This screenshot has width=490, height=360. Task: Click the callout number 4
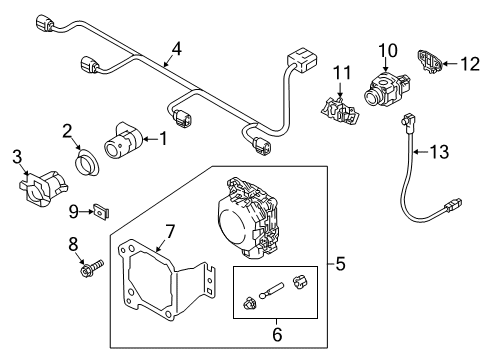pyautogui.click(x=177, y=49)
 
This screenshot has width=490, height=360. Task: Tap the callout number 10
pyautogui.click(x=388, y=51)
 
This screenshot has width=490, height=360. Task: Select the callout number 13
pyautogui.click(x=439, y=152)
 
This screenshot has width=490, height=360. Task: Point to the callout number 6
pyautogui.click(x=277, y=334)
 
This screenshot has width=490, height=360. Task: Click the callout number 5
pyautogui.click(x=341, y=264)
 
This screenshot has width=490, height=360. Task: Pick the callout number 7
pyautogui.click(x=170, y=232)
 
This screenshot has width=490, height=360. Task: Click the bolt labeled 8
pyautogui.click(x=91, y=268)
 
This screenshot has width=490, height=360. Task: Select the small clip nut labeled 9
pyautogui.click(x=101, y=211)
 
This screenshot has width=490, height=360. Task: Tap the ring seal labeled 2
pyautogui.click(x=86, y=163)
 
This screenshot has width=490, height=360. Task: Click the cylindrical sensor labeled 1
pyautogui.click(x=123, y=140)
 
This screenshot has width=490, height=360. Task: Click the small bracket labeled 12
pyautogui.click(x=429, y=62)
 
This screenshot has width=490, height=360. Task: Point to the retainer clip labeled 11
pyautogui.click(x=340, y=111)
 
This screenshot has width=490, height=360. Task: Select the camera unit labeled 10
pyautogui.click(x=387, y=88)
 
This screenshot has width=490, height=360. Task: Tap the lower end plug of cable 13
pyautogui.click(x=452, y=205)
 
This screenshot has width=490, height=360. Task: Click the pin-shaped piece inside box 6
pyautogui.click(x=271, y=290)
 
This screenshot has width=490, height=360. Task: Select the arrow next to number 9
pyautogui.click(x=86, y=211)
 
